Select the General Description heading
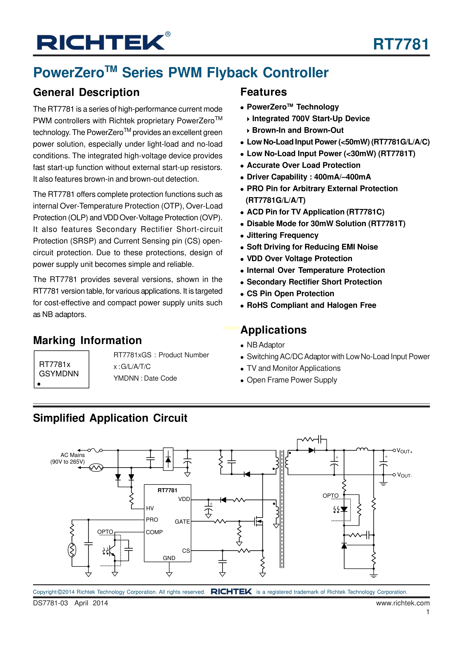86,92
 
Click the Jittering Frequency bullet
282,235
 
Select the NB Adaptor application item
266,345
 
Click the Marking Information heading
87,340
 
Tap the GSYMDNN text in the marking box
59,374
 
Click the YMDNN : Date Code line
145,378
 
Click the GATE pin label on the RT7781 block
182,522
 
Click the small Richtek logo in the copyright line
231,592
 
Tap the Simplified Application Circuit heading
110,418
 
